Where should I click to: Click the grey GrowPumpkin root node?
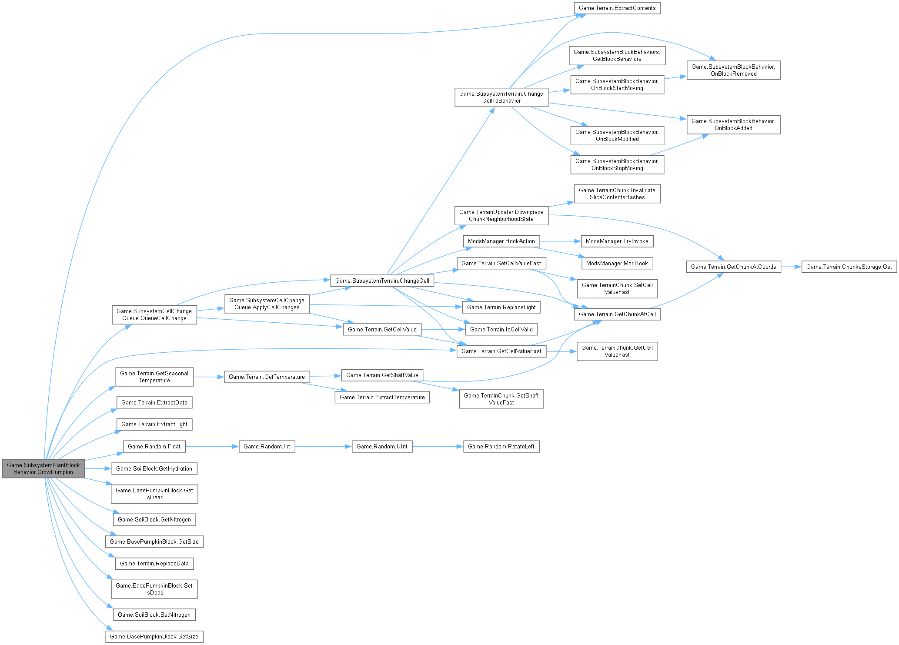[x=43, y=468]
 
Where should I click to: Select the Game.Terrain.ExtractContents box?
[x=617, y=8]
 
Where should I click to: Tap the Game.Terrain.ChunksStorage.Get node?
[x=849, y=267]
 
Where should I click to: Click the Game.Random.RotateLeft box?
[x=501, y=447]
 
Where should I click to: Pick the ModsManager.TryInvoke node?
[x=617, y=241]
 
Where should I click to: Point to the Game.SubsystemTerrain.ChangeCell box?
[x=382, y=281]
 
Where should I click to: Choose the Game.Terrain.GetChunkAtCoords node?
[x=733, y=267]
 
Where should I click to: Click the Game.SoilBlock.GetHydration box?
[x=154, y=469]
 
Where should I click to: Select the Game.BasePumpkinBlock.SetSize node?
[x=154, y=637]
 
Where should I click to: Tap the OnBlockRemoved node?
[x=733, y=70]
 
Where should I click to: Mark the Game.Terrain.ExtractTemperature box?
[x=382, y=398]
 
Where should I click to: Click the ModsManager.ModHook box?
[x=617, y=264]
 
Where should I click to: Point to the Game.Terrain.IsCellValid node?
[x=501, y=330]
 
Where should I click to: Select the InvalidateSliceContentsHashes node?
[x=617, y=194]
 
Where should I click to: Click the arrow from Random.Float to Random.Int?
[x=212, y=447]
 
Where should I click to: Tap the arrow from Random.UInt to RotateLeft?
[x=438, y=447]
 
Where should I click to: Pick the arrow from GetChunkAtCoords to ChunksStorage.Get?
[x=791, y=267]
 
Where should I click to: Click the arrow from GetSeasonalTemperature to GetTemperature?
[x=208, y=377]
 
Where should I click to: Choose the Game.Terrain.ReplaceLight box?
[x=501, y=307]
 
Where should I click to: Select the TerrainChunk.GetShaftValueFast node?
[x=501, y=399]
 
